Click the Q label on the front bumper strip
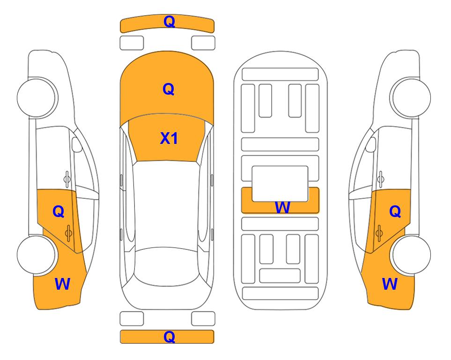(169, 22)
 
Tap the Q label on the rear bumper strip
(169, 337)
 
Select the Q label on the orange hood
(169, 89)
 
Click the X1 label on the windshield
(169, 138)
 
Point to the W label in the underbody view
(282, 207)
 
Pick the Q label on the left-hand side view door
(59, 212)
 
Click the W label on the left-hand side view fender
(62, 284)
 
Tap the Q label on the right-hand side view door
(395, 212)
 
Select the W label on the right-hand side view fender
(390, 284)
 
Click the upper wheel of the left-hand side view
(37, 97)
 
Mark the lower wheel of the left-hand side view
(37, 255)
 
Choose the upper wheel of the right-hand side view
(411, 97)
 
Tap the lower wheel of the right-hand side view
(411, 255)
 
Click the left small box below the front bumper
(132, 43)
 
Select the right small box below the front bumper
(203, 43)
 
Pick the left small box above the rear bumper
(132, 319)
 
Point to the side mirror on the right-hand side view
(370, 144)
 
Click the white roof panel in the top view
(166, 204)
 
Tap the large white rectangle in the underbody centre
(280, 183)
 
